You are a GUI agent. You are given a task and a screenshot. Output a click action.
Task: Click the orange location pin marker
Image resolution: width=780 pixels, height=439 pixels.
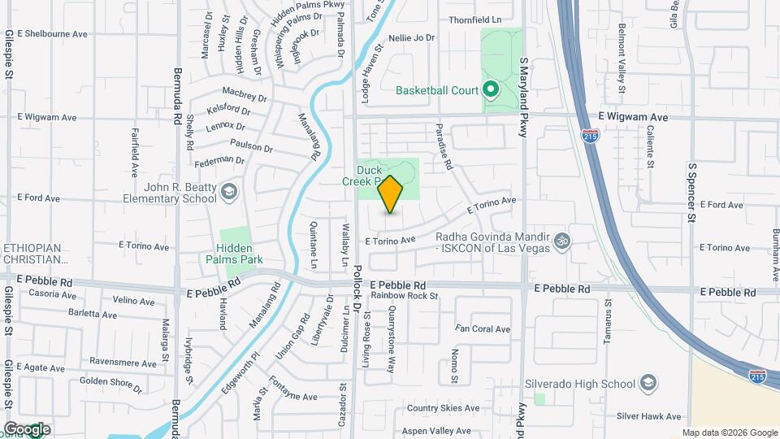coord(391,194)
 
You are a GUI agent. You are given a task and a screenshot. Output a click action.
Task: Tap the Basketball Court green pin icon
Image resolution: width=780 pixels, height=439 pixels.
coord(490,89)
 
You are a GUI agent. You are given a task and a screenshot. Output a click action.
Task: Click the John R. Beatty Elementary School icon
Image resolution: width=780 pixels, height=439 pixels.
coord(230,191)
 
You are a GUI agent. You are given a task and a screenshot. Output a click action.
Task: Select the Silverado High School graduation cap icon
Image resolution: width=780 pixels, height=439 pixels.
coord(648,383)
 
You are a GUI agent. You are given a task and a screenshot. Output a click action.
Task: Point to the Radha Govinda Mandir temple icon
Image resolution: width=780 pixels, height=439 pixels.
coord(561,241)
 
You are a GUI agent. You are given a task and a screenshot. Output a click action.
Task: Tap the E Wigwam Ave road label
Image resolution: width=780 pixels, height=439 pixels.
coord(633,117)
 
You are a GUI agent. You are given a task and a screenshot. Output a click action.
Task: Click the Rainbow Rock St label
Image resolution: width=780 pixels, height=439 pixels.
coord(405,296)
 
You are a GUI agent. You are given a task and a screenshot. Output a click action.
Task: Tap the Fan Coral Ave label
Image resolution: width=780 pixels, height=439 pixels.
coord(483,329)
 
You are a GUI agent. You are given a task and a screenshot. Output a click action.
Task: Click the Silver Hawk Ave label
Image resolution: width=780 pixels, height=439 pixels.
coord(648,416)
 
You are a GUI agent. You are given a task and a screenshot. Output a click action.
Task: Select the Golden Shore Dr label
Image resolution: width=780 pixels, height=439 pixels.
coord(110,380)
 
